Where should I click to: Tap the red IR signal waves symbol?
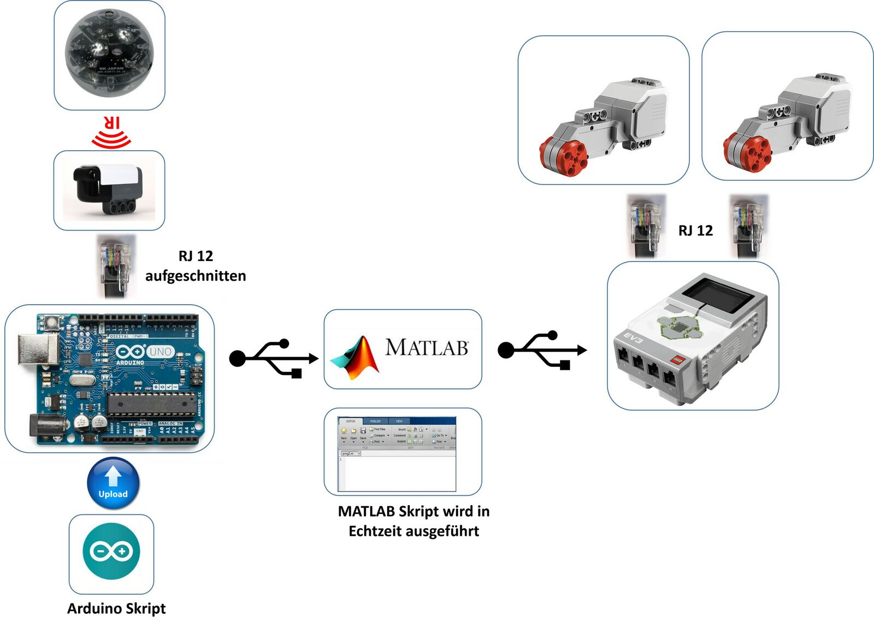tap(111, 133)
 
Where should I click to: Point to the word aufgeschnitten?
tap(196, 276)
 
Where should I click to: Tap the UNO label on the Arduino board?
tap(160, 352)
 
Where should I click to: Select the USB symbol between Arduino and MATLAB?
tap(274, 358)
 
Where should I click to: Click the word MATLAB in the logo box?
tap(427, 347)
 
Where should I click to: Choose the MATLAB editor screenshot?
tap(397, 453)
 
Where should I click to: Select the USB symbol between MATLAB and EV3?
tap(542, 349)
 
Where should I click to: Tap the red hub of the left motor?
tap(564, 157)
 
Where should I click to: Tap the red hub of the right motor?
tap(747, 153)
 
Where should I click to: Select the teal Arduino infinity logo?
tap(111, 551)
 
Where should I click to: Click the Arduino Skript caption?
tap(116, 609)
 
